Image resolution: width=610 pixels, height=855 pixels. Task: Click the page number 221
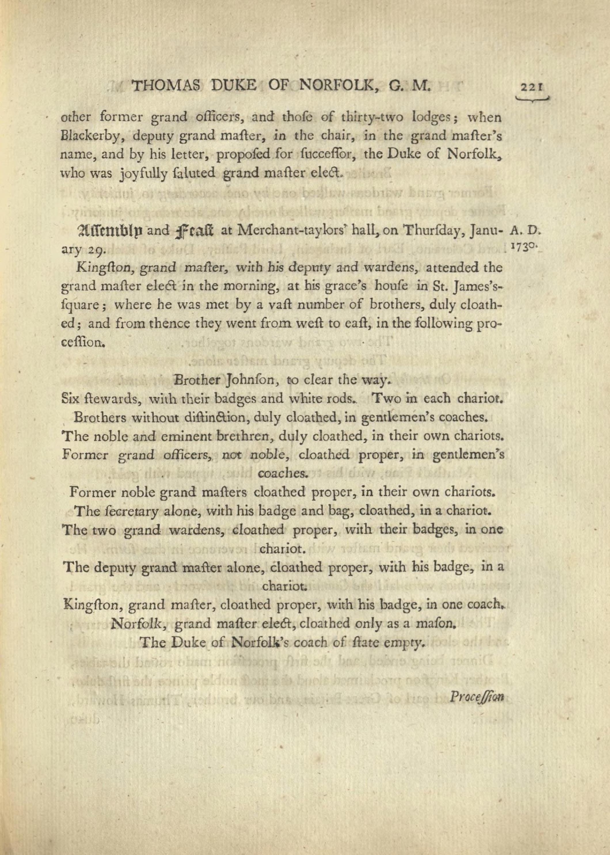[x=531, y=87]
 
